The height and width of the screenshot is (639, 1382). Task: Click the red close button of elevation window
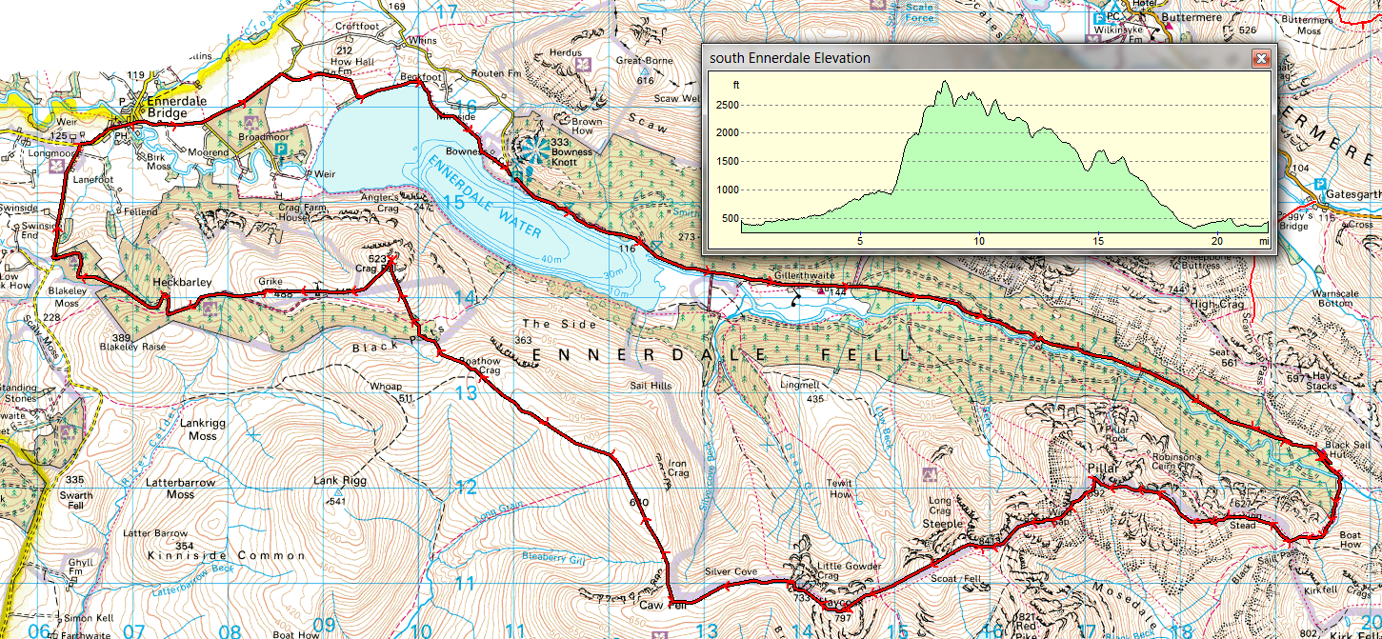click(x=1260, y=58)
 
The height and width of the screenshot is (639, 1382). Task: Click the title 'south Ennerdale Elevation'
click(x=790, y=58)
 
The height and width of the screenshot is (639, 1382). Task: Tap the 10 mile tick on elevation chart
click(x=978, y=241)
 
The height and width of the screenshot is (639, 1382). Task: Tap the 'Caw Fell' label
click(x=664, y=604)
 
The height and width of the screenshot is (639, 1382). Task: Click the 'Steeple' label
click(x=943, y=523)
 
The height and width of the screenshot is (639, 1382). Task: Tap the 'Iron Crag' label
click(x=677, y=467)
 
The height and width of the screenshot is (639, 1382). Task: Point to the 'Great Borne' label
click(x=645, y=60)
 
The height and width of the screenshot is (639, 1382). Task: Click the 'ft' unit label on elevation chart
click(x=735, y=85)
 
